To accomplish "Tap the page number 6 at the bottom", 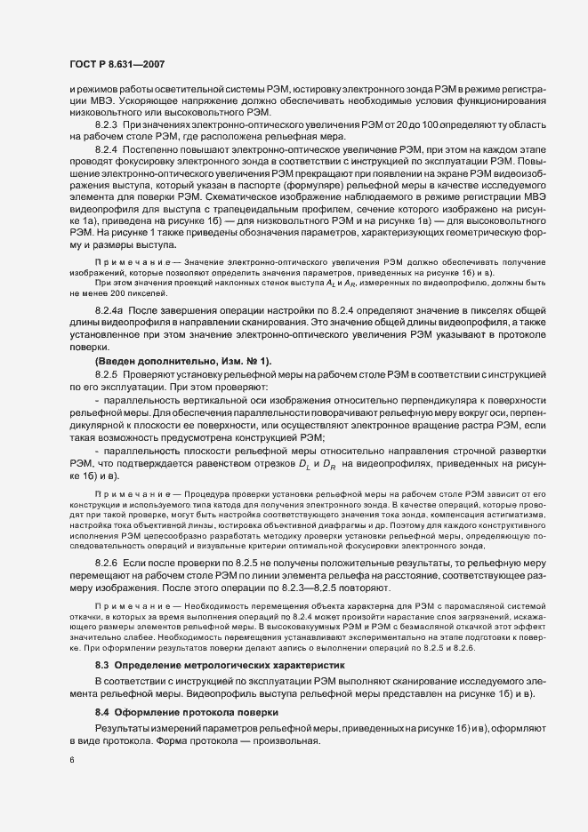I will [71, 761].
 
